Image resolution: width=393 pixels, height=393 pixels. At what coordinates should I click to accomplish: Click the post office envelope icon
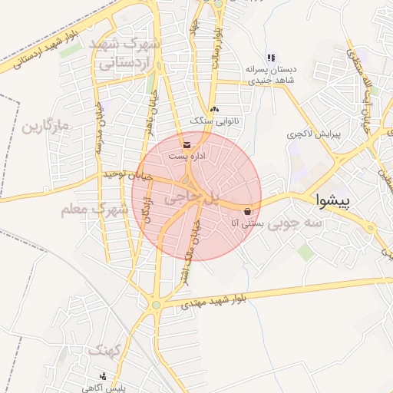187,144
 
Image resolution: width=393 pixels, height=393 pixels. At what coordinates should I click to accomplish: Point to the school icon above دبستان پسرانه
270,58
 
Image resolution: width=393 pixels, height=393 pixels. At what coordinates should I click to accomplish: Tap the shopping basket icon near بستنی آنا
247,211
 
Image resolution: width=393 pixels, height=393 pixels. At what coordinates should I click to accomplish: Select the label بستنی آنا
248,223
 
